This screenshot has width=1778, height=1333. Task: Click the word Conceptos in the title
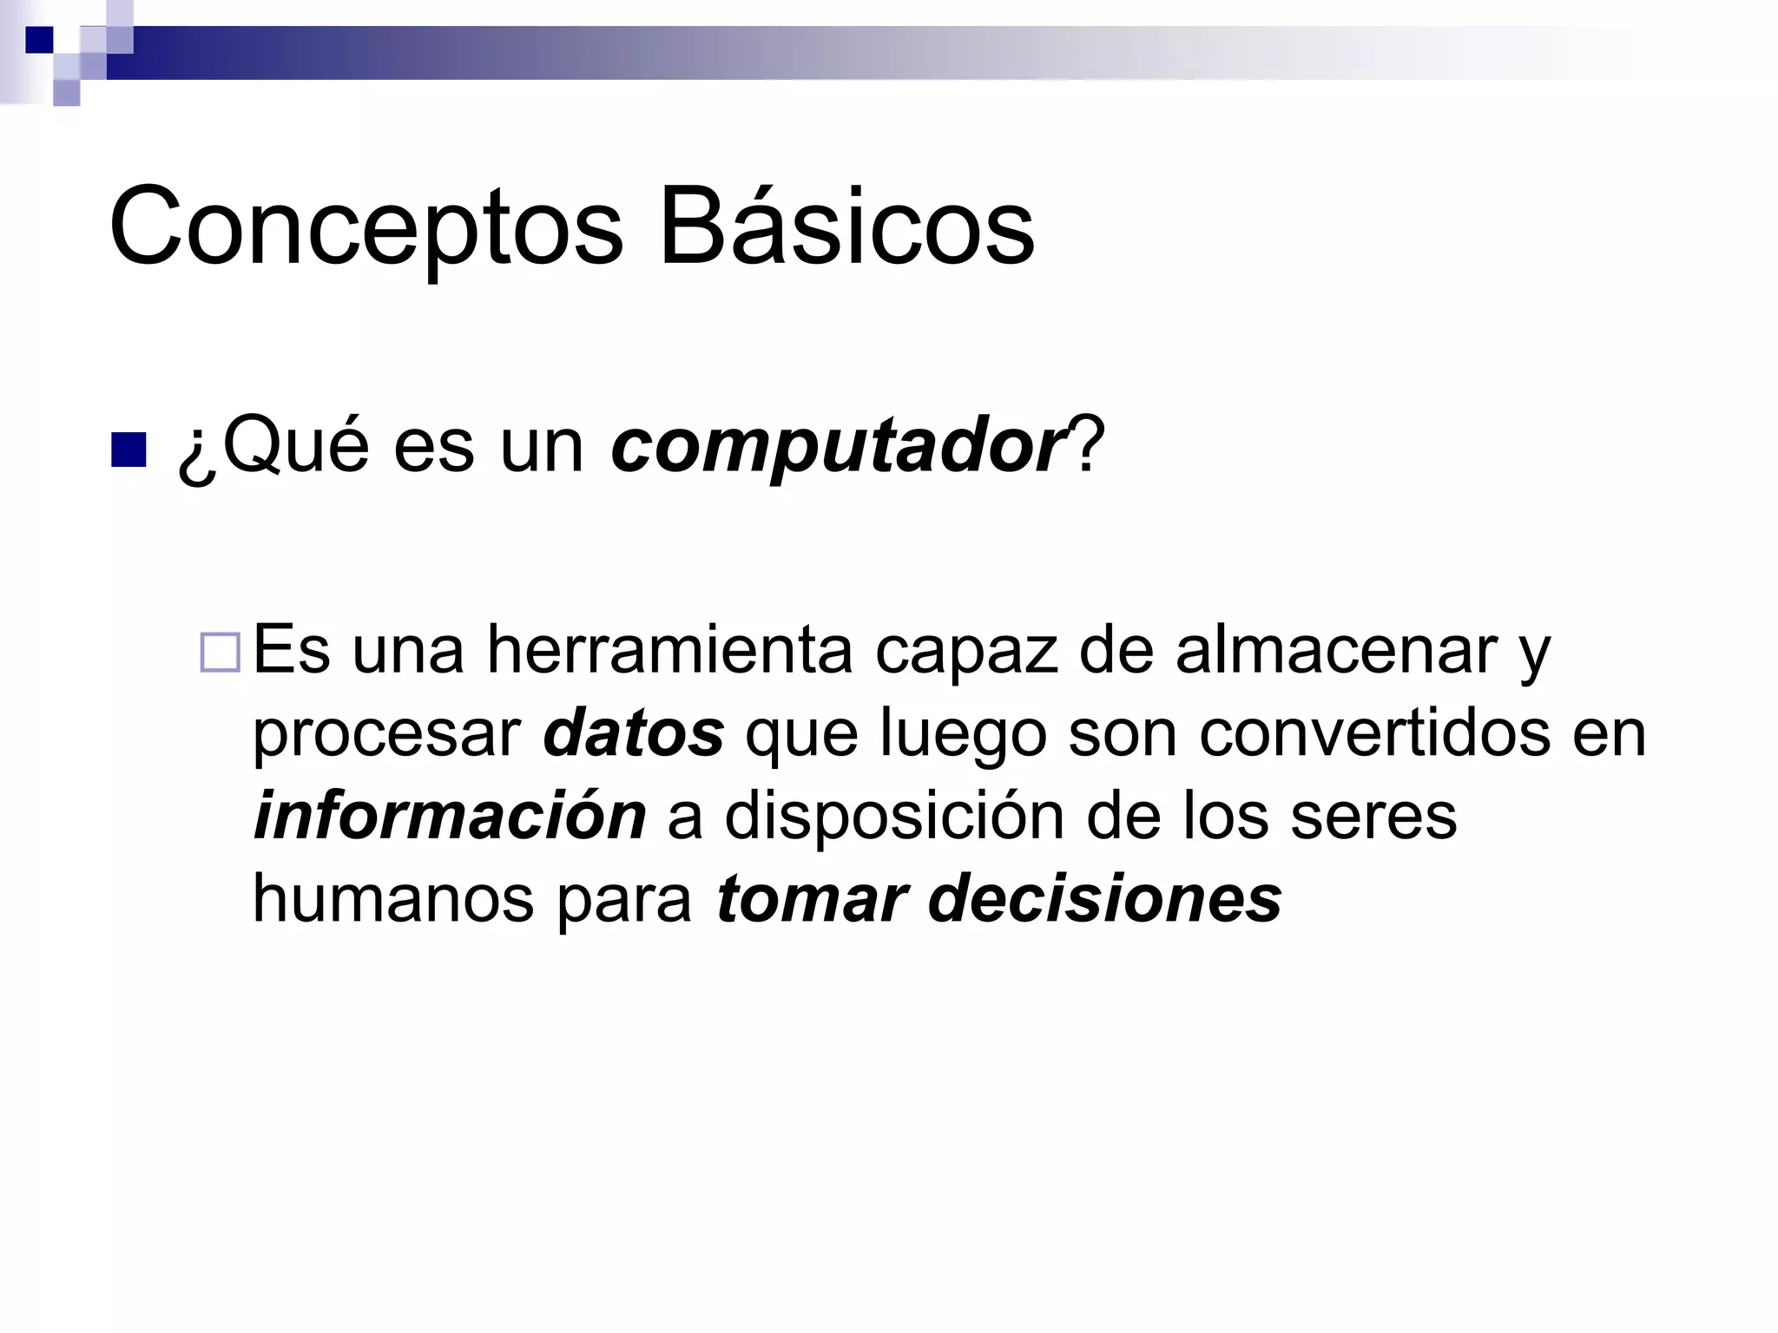point(365,227)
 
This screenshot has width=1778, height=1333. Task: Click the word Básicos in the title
point(846,227)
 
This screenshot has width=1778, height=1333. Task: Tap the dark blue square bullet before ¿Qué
point(128,449)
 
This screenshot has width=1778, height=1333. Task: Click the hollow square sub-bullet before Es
point(220,653)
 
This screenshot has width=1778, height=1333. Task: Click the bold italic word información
point(450,816)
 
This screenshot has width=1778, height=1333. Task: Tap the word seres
point(1373,816)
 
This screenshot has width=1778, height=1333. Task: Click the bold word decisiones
point(1105,898)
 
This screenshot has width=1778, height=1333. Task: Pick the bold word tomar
point(812,898)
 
